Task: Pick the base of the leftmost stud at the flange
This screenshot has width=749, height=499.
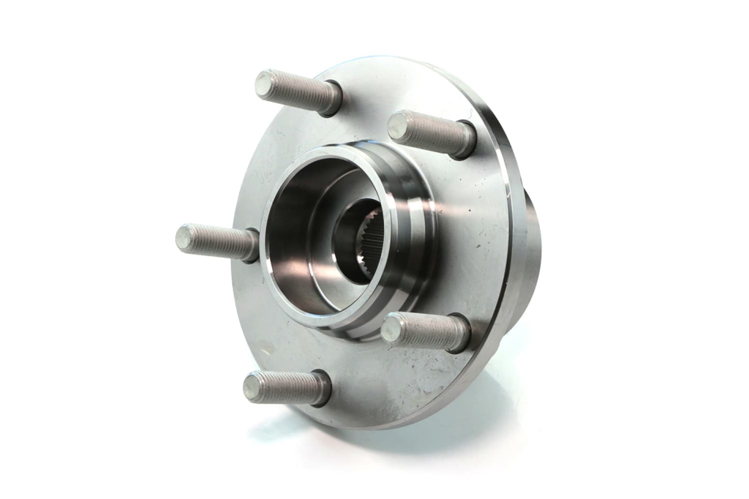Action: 250,245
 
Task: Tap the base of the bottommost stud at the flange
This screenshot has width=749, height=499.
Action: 320,388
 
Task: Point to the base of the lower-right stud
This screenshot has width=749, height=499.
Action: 459,334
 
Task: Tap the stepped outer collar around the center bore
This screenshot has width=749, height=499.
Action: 410,220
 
